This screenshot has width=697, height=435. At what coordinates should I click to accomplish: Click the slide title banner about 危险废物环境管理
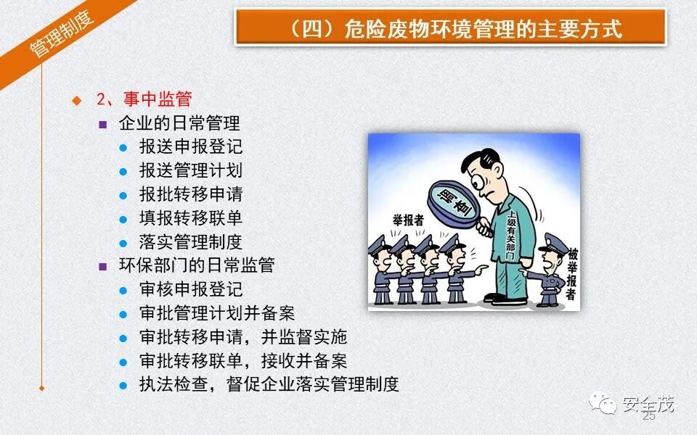click(x=450, y=28)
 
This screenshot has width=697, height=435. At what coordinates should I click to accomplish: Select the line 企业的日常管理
click(x=179, y=123)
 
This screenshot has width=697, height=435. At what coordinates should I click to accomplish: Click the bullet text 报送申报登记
click(x=190, y=146)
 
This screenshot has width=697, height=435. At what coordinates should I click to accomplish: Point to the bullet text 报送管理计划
click(x=190, y=170)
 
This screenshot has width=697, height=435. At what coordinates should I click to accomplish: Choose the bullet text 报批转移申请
click(x=190, y=194)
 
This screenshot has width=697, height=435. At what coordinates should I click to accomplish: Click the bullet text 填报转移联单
click(x=190, y=218)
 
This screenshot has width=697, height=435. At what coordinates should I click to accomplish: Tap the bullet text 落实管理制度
click(x=190, y=242)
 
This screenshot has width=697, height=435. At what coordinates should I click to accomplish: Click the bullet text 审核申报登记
click(x=190, y=289)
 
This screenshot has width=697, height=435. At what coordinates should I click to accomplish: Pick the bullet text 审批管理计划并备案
click(x=216, y=313)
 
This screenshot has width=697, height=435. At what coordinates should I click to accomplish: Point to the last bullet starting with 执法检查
click(x=269, y=384)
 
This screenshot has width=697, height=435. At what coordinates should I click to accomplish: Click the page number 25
click(x=648, y=417)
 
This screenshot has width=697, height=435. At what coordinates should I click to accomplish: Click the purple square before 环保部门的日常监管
click(x=103, y=266)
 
